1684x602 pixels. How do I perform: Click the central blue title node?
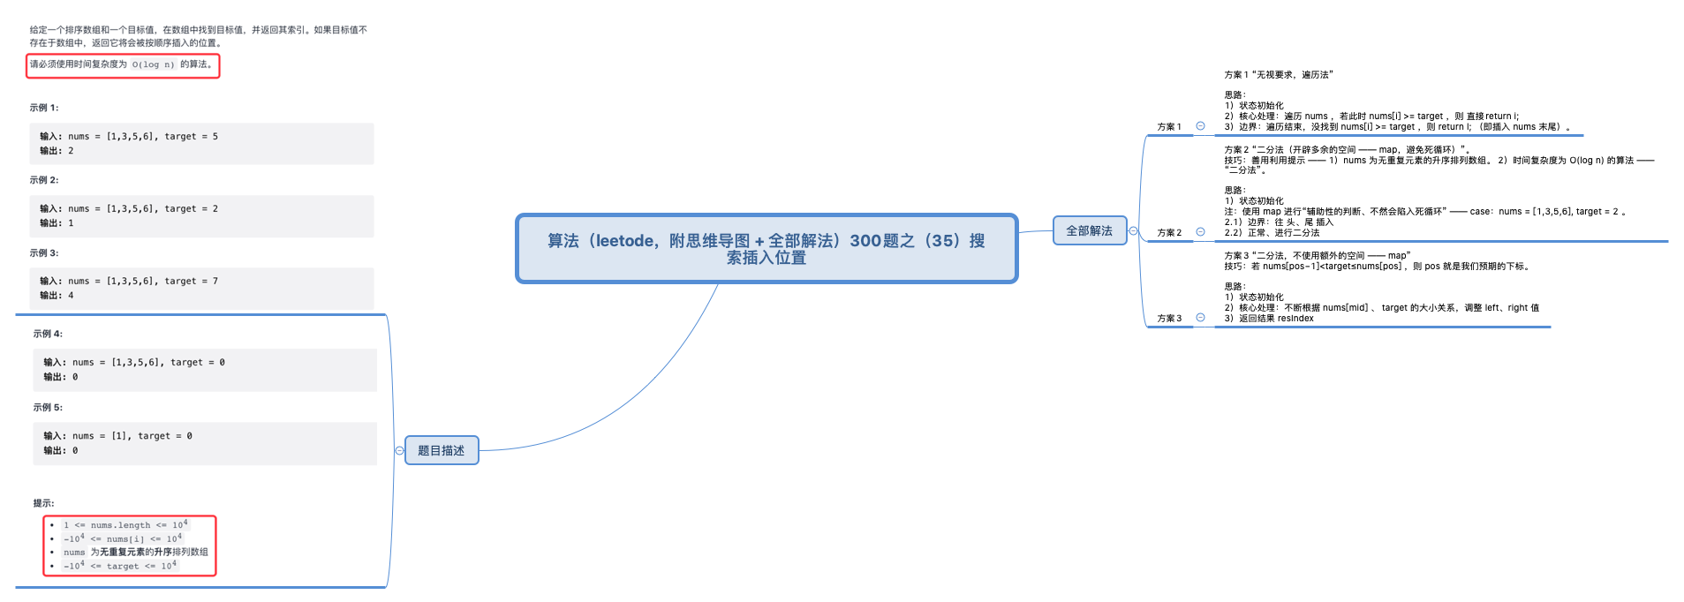[766, 248]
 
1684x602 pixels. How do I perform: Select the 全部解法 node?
[1089, 230]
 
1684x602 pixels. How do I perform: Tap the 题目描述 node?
[441, 450]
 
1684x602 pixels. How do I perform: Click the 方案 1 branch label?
[1168, 127]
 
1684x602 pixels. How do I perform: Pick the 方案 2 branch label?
[1168, 233]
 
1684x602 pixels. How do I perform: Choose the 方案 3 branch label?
[1168, 319]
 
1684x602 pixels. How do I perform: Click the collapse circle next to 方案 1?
[1200, 126]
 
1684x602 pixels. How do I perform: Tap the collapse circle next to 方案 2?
[1200, 232]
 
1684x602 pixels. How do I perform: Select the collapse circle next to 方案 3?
[1200, 318]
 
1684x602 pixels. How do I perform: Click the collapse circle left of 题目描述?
[399, 450]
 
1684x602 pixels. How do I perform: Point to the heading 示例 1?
[44, 108]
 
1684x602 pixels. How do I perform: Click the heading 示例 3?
[44, 253]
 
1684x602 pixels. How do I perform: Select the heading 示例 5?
[48, 408]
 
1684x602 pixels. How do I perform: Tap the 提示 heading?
[43, 503]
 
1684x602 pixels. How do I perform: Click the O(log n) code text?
[154, 64]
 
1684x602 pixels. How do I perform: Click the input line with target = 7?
[129, 282]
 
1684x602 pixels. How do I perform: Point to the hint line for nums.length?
[125, 525]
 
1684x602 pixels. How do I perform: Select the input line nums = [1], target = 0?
[117, 436]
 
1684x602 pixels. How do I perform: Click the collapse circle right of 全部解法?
[1133, 230]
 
